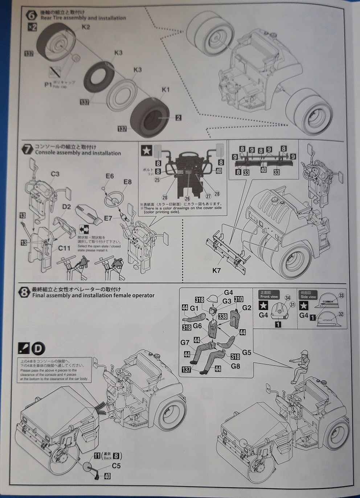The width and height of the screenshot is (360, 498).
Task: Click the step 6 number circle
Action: click(x=32, y=15)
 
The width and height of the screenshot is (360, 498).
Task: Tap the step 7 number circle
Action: click(x=28, y=150)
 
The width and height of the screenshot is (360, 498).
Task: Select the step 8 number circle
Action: click(x=24, y=292)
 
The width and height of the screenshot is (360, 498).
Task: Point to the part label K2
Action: click(x=86, y=27)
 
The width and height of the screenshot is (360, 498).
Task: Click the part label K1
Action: click(x=166, y=89)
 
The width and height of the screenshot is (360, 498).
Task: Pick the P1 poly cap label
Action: click(x=48, y=85)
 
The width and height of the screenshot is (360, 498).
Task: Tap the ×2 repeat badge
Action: click(x=32, y=27)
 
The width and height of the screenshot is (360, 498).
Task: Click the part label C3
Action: click(x=55, y=174)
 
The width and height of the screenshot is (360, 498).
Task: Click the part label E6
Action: click(x=110, y=176)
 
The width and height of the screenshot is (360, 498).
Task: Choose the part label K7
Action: click(x=217, y=270)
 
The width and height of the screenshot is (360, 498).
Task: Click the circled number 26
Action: click(x=187, y=199)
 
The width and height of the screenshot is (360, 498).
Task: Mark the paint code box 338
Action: click(x=222, y=316)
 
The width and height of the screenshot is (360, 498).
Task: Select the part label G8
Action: click(x=236, y=366)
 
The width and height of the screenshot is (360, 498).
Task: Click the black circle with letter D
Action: click(x=38, y=348)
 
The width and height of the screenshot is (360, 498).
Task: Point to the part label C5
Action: click(x=116, y=466)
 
